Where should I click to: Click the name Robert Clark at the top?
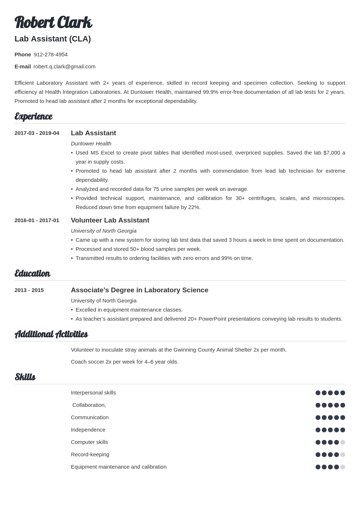tap(53, 22)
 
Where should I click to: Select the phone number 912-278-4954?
tap(51, 55)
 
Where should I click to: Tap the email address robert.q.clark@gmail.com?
tap(64, 67)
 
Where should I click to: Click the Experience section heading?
tap(33, 116)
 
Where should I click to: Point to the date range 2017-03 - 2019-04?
tap(37, 133)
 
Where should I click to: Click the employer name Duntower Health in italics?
tap(91, 144)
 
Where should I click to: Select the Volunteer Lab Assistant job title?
tap(110, 220)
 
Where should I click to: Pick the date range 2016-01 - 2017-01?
tap(37, 220)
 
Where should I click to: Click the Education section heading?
tap(32, 273)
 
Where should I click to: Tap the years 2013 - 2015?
tap(29, 290)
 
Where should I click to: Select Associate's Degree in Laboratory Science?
tap(139, 290)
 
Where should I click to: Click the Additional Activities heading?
tap(51, 334)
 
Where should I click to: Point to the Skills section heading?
tap(25, 377)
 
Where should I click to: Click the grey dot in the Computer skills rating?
tap(343, 442)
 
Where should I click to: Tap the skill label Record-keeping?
tap(90, 454)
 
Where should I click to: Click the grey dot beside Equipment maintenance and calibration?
tap(343, 467)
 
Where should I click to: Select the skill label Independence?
tap(88, 430)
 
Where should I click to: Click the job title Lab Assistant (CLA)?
tap(53, 39)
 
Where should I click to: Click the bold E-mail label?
tap(23, 67)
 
